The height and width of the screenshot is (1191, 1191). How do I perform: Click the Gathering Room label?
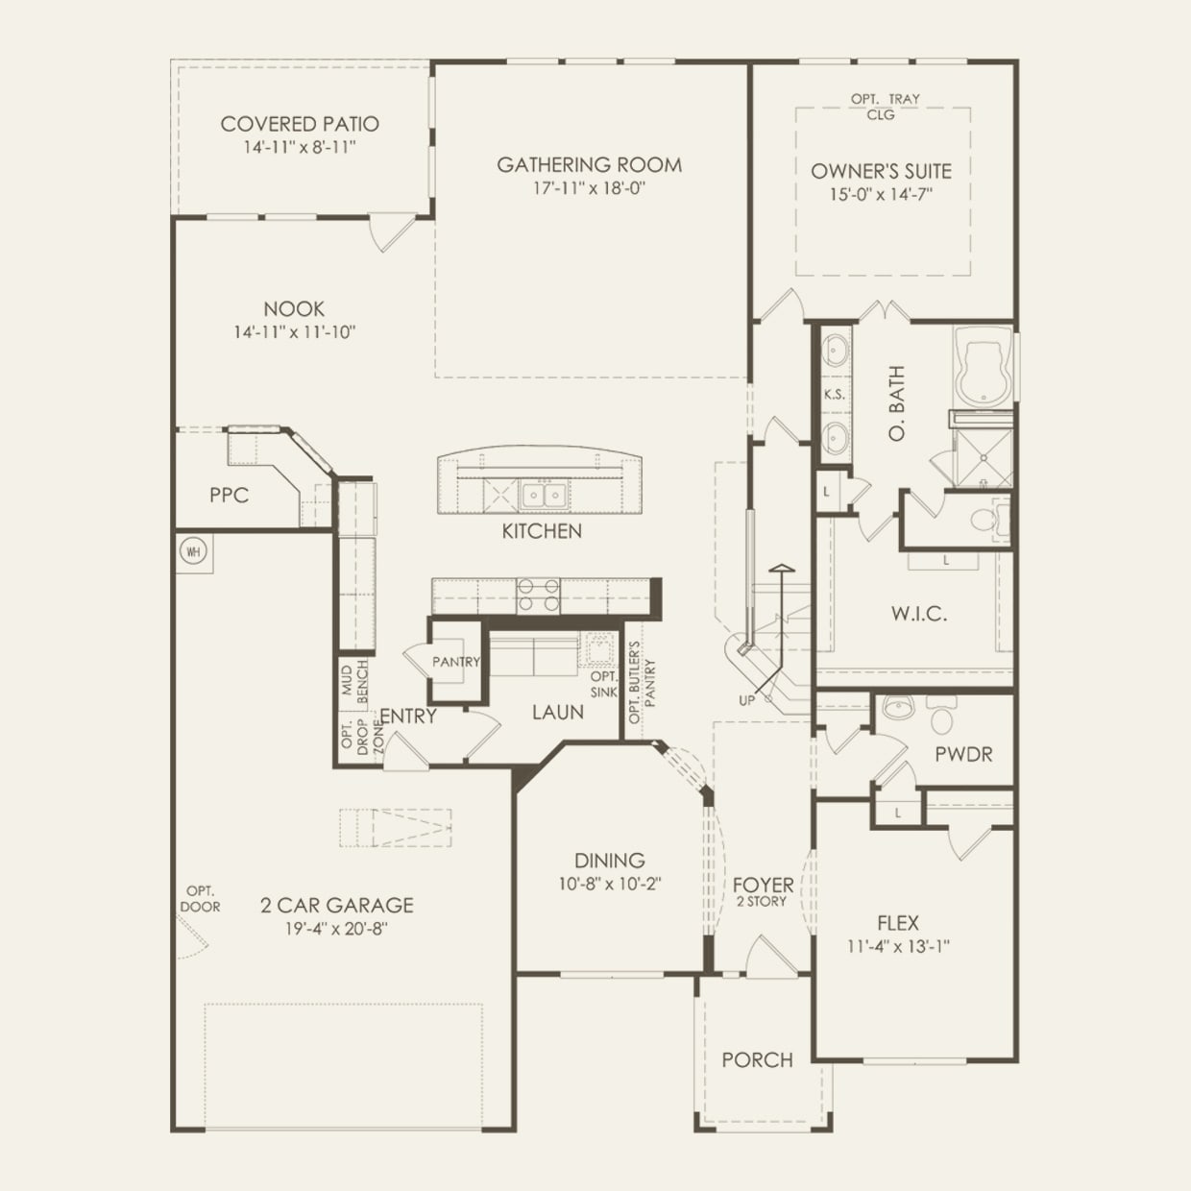point(589,165)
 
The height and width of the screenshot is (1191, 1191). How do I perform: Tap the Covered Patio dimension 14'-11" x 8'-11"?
point(300,147)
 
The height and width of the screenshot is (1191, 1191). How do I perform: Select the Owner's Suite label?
point(881,172)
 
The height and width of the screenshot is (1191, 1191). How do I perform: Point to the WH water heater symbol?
point(194,551)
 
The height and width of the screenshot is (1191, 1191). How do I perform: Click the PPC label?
point(229,496)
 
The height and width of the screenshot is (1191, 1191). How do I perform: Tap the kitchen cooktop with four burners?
point(539,595)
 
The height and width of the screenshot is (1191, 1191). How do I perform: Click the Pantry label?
point(455,662)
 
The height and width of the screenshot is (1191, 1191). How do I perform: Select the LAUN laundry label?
point(558,712)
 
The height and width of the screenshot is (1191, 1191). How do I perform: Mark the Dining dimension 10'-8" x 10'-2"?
point(610,884)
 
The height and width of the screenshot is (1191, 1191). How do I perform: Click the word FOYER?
point(763,885)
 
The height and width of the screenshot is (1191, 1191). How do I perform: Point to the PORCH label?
point(757,1060)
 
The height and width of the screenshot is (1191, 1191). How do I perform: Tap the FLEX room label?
point(898,923)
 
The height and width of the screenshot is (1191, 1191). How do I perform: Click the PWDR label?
point(963,755)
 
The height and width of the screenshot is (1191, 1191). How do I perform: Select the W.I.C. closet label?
point(918,614)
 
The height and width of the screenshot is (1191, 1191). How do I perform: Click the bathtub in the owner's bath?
point(982,368)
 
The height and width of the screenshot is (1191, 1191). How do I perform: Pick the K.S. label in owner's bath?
point(833,395)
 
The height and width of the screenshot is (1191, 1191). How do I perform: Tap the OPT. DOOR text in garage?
point(200,899)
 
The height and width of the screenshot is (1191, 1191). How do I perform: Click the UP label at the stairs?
point(746,700)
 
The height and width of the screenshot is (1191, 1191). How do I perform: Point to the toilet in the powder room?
point(941,717)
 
